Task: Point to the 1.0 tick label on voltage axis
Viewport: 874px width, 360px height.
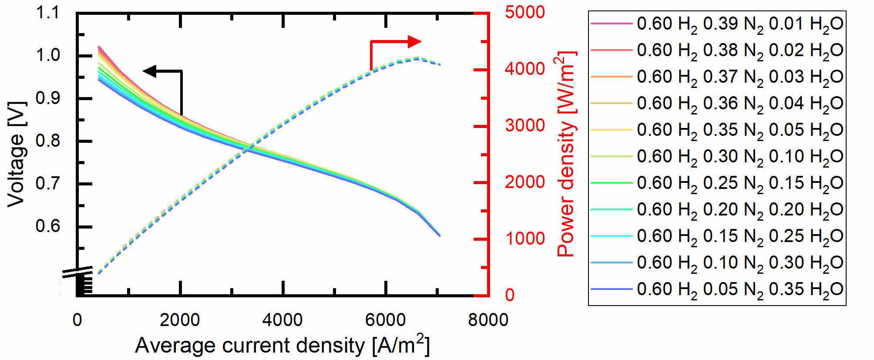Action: [x=47, y=55]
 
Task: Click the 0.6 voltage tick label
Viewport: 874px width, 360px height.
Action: [x=47, y=226]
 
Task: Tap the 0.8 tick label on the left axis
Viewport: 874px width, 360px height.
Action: [x=47, y=141]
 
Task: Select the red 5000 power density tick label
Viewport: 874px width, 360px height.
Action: [x=524, y=12]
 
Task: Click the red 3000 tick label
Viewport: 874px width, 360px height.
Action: [x=524, y=125]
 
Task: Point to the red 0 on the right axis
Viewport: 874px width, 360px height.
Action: [x=510, y=295]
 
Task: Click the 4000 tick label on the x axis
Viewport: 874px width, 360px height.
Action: [x=282, y=320]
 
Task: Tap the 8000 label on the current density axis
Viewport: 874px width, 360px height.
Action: [x=488, y=320]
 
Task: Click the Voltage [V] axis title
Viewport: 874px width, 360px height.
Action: [x=17, y=154]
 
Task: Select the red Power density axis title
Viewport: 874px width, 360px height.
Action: [x=566, y=154]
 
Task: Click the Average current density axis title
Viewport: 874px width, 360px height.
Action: [x=282, y=346]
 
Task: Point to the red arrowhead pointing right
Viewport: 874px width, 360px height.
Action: [x=414, y=42]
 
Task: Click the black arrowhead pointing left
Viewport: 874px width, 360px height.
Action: [x=150, y=71]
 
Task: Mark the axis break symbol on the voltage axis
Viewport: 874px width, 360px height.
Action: [x=77, y=272]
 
